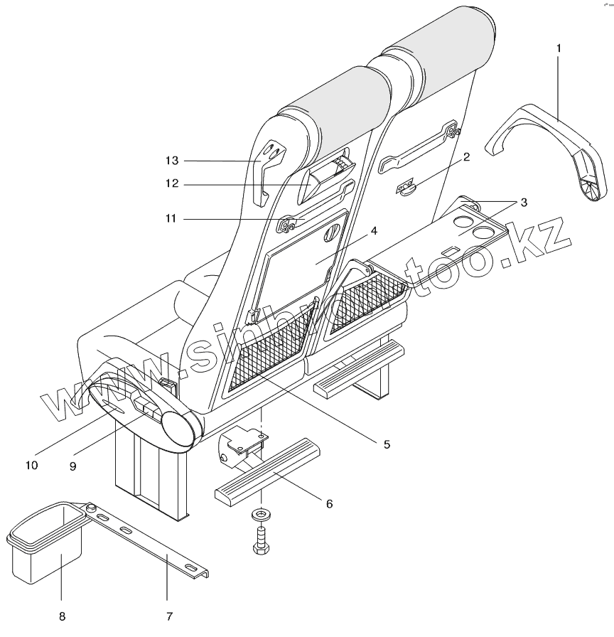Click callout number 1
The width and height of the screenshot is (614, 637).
pos(559,48)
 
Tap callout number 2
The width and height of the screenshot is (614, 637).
pos(466,157)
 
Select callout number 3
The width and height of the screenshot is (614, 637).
pos(523,203)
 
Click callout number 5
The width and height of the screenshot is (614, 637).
pos(387,444)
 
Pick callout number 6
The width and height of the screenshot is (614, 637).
pos(329,503)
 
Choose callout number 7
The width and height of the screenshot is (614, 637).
pos(168,615)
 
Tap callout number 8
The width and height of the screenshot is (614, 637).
pos(60,615)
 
